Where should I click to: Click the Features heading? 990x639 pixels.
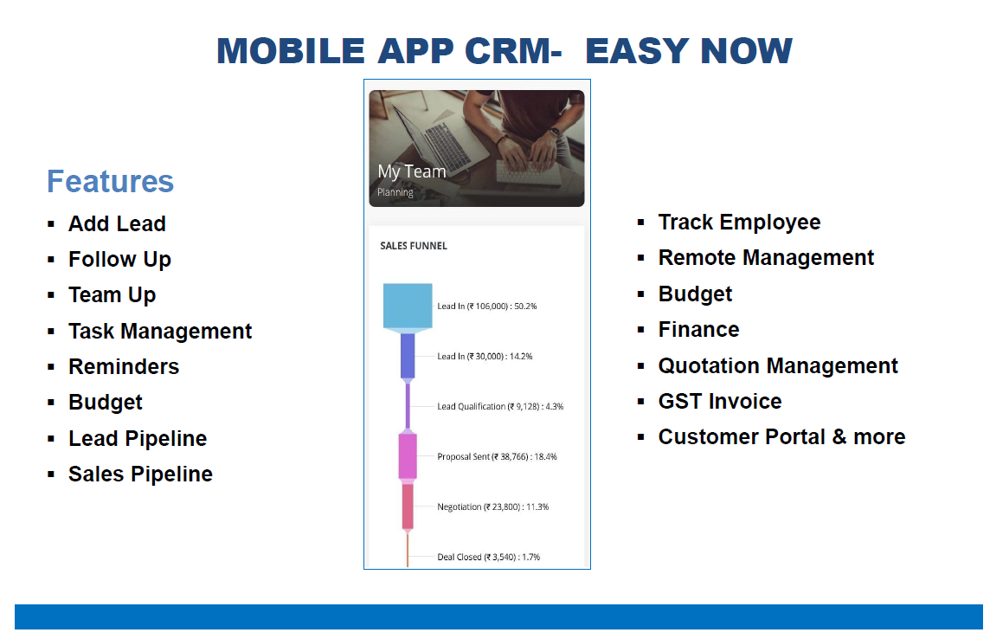click(110, 181)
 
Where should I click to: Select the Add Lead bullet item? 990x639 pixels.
click(117, 223)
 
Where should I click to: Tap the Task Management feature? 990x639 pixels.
click(160, 331)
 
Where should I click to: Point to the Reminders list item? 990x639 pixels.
click(124, 366)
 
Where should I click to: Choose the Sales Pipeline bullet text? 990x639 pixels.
click(140, 474)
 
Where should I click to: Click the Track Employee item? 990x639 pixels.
click(739, 223)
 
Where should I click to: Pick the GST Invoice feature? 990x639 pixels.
click(720, 401)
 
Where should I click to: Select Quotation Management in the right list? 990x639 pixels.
click(778, 365)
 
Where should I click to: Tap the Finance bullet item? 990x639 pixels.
click(698, 330)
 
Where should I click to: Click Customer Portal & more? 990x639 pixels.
click(781, 437)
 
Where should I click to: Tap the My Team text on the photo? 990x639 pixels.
click(412, 171)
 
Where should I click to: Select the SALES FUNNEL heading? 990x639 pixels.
click(414, 246)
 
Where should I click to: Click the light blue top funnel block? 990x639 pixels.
click(408, 307)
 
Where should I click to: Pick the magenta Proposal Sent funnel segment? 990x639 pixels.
click(408, 456)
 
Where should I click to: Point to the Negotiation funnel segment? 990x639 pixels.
click(408, 507)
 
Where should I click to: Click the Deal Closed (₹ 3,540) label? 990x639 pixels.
click(489, 557)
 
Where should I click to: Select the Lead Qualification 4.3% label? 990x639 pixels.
click(500, 407)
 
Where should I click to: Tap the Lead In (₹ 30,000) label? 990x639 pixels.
click(485, 356)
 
